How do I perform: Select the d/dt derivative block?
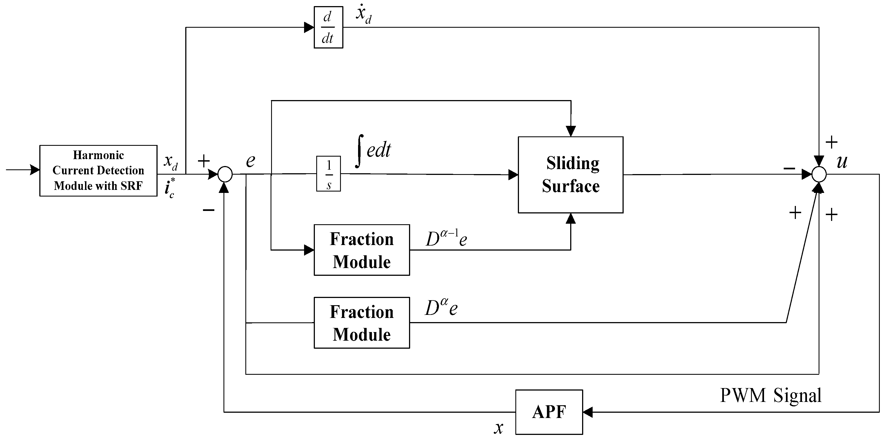(x=328, y=27)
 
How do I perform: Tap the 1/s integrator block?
(x=328, y=174)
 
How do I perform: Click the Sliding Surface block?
(x=570, y=175)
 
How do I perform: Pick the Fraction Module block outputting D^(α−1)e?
(x=362, y=250)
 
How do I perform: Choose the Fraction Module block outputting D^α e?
(x=362, y=323)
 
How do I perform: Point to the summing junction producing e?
(x=225, y=174)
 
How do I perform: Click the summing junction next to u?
(x=819, y=174)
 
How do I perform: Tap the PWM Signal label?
(x=771, y=395)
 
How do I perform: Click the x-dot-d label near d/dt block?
(x=363, y=14)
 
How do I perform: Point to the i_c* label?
(x=169, y=189)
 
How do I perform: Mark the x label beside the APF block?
(x=498, y=428)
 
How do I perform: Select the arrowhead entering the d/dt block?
(x=309, y=27)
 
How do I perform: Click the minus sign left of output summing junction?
(x=789, y=169)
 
